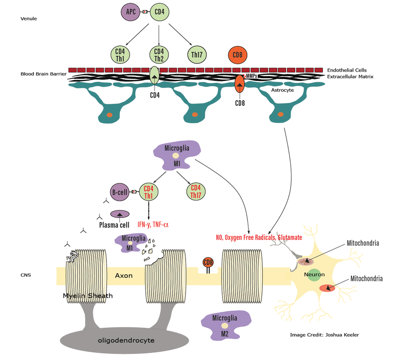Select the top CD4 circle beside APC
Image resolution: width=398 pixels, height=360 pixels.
point(159,11)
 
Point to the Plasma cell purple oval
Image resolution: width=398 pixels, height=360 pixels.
point(119,214)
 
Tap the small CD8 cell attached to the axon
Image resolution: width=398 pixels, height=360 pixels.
point(208,263)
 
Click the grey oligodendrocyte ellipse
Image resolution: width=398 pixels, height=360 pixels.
point(125,341)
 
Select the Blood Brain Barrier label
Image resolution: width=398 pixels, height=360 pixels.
point(44,74)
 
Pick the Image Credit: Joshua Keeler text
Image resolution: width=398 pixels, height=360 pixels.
point(324,335)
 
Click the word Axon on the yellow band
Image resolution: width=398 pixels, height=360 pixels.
point(124,276)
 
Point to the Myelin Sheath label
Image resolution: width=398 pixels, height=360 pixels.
point(88,296)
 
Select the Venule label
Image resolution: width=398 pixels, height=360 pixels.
point(29,19)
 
